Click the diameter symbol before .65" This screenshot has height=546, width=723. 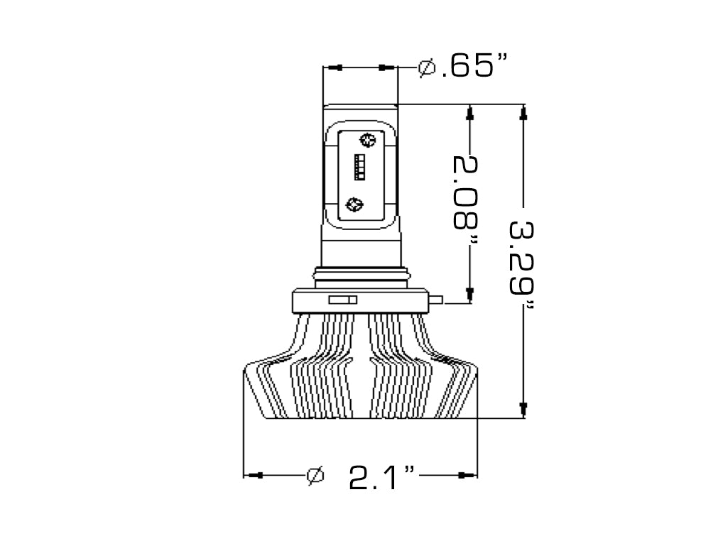[x=426, y=67]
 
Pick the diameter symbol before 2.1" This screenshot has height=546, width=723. [x=315, y=475]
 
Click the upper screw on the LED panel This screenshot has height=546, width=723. [x=367, y=139]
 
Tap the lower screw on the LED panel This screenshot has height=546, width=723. [x=353, y=204]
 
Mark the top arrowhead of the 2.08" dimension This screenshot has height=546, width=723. [x=469, y=112]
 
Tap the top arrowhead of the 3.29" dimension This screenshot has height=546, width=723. [x=523, y=111]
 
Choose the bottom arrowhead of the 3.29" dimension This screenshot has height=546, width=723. [x=523, y=408]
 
